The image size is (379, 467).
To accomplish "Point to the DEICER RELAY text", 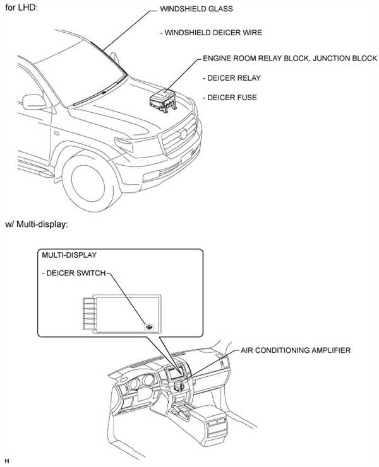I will [x=232, y=78].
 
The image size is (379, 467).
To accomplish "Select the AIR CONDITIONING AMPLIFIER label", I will [x=294, y=350].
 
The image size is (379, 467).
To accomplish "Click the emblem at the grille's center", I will [x=184, y=134].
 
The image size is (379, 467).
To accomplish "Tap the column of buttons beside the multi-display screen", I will [x=86, y=313].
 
